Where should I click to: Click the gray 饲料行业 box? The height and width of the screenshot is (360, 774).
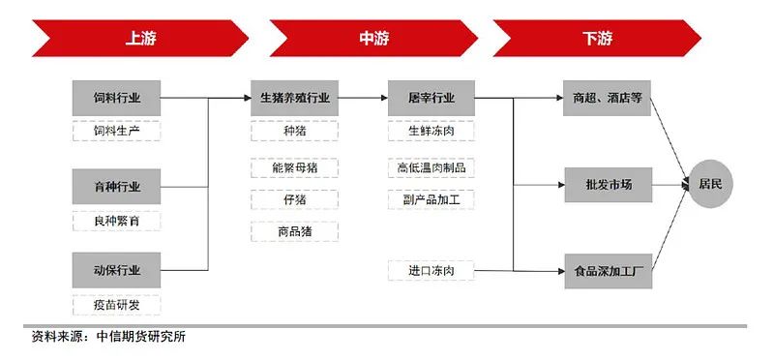pos(116,98)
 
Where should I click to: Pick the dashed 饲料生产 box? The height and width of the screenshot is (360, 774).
pos(116,132)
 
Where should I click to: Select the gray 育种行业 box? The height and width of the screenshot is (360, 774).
pos(116,186)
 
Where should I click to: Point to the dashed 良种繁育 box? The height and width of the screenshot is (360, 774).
pos(116,220)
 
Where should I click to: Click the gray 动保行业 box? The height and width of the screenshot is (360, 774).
pos(116,270)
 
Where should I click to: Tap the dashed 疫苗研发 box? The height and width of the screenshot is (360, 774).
pos(116,305)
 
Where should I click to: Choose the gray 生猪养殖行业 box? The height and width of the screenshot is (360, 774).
pos(294,98)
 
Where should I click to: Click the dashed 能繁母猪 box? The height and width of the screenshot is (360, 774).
pos(294,166)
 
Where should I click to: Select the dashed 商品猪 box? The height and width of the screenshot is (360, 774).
pos(294,231)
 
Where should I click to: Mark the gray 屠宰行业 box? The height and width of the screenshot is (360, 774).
pos(431,98)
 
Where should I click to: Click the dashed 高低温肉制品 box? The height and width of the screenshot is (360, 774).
pos(431,166)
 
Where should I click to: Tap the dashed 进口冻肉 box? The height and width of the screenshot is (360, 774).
pos(431,269)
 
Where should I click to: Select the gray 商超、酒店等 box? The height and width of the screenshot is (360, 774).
pos(608,98)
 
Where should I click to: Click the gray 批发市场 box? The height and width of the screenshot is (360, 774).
pos(608,184)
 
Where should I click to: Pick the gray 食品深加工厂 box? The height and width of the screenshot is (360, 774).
pos(608,272)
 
